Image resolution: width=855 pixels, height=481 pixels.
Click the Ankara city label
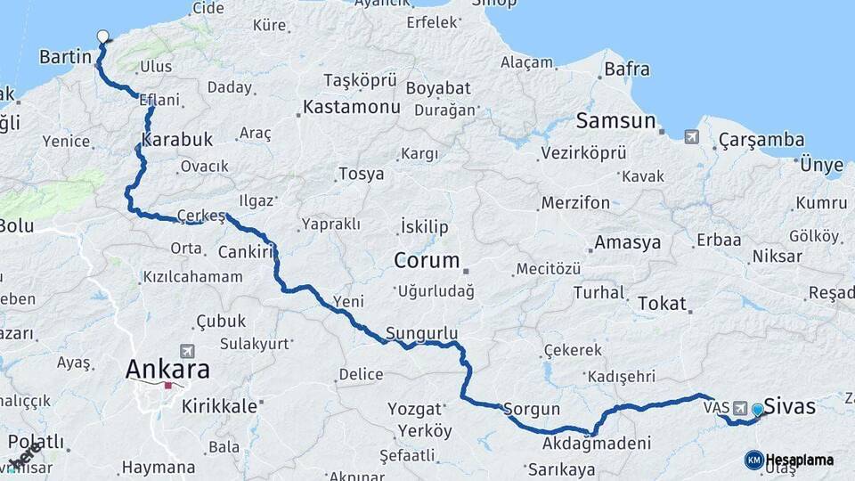[x=167, y=369]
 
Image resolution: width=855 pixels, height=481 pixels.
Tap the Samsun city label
[x=615, y=121]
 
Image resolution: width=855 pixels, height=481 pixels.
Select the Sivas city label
[x=789, y=407]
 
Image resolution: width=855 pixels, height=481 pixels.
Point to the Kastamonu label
[x=351, y=107]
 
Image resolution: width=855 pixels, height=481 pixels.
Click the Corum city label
[x=428, y=262]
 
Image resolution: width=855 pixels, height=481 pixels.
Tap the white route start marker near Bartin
[x=102, y=37]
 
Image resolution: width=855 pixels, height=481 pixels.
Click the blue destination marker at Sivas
[x=757, y=410]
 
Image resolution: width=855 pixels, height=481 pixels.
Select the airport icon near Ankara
[x=186, y=351]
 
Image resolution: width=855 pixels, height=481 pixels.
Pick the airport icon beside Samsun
[x=692, y=136]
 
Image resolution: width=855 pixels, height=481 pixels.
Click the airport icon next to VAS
[x=739, y=408]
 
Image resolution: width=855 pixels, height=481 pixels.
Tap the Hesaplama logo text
[x=800, y=460]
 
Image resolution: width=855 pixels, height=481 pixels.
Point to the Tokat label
[x=662, y=304]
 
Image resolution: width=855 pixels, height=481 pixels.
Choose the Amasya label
[x=627, y=242]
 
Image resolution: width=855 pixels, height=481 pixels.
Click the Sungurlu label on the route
[x=421, y=333]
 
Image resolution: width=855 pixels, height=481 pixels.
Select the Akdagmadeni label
[x=596, y=443]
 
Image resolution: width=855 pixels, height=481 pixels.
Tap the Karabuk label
[x=177, y=140]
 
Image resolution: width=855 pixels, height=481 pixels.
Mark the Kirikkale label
[x=218, y=406]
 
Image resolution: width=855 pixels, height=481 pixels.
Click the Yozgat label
[x=415, y=409]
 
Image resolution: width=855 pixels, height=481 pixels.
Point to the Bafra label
[x=626, y=68]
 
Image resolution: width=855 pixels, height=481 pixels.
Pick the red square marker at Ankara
[x=167, y=386]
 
